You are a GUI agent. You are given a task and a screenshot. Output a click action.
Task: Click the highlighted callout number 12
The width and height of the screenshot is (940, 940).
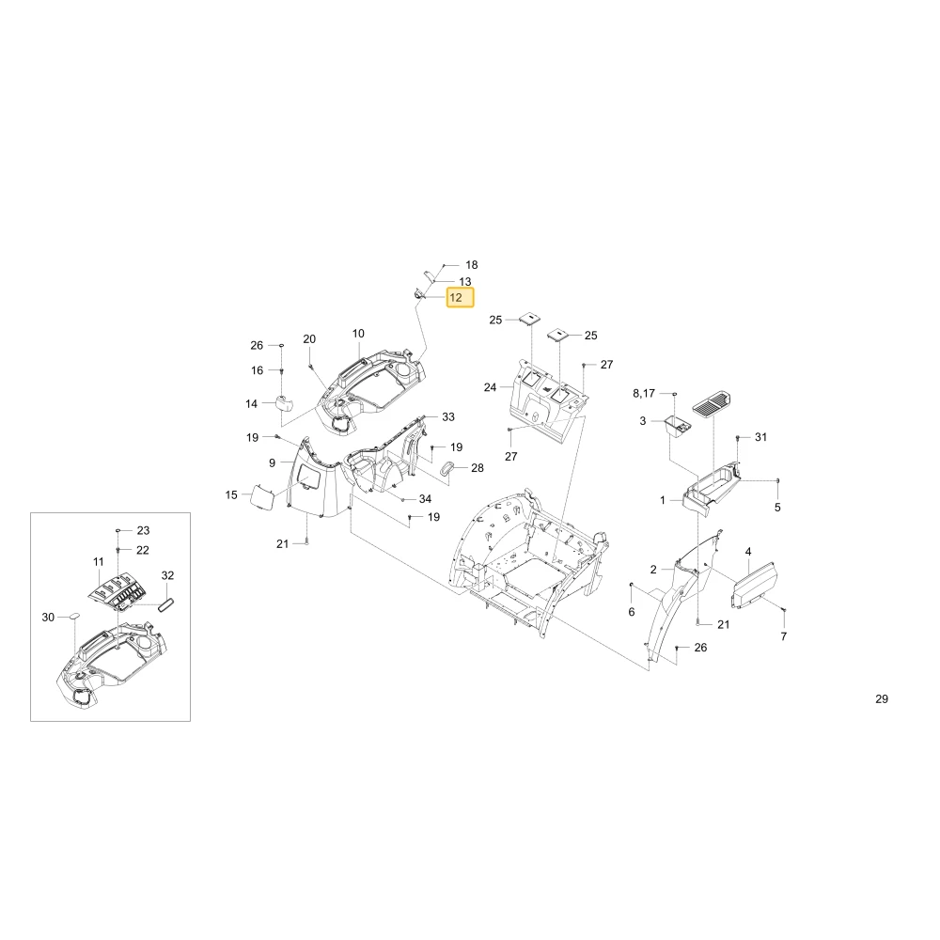460,297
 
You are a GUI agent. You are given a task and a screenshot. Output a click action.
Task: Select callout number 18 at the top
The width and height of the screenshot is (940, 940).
472,265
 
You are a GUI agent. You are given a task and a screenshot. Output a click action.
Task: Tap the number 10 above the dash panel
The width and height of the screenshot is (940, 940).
358,334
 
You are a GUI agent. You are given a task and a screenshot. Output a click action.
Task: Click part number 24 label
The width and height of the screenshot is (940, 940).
491,387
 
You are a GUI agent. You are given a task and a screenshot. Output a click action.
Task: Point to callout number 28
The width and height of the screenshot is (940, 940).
478,467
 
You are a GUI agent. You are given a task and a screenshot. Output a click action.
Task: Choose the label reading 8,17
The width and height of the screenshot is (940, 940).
644,393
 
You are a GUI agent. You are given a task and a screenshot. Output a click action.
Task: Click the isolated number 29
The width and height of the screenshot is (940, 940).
882,698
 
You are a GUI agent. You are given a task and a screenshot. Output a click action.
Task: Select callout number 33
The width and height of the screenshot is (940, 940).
448,416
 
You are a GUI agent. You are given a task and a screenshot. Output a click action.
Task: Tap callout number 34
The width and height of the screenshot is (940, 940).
425,499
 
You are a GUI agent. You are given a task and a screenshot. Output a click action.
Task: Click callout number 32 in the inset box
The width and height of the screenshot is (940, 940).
168,575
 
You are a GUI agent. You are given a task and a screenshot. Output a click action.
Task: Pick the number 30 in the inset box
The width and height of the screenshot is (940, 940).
48,617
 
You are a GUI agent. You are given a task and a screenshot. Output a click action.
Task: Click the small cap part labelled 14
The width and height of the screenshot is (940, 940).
283,403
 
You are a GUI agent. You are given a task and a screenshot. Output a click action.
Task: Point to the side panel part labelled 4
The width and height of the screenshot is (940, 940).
754,584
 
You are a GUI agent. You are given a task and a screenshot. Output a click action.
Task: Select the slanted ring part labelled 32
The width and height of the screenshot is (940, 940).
166,603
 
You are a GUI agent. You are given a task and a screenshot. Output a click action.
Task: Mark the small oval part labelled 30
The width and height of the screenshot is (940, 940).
75,615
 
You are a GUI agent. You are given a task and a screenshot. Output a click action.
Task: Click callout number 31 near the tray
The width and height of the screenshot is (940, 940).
760,437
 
